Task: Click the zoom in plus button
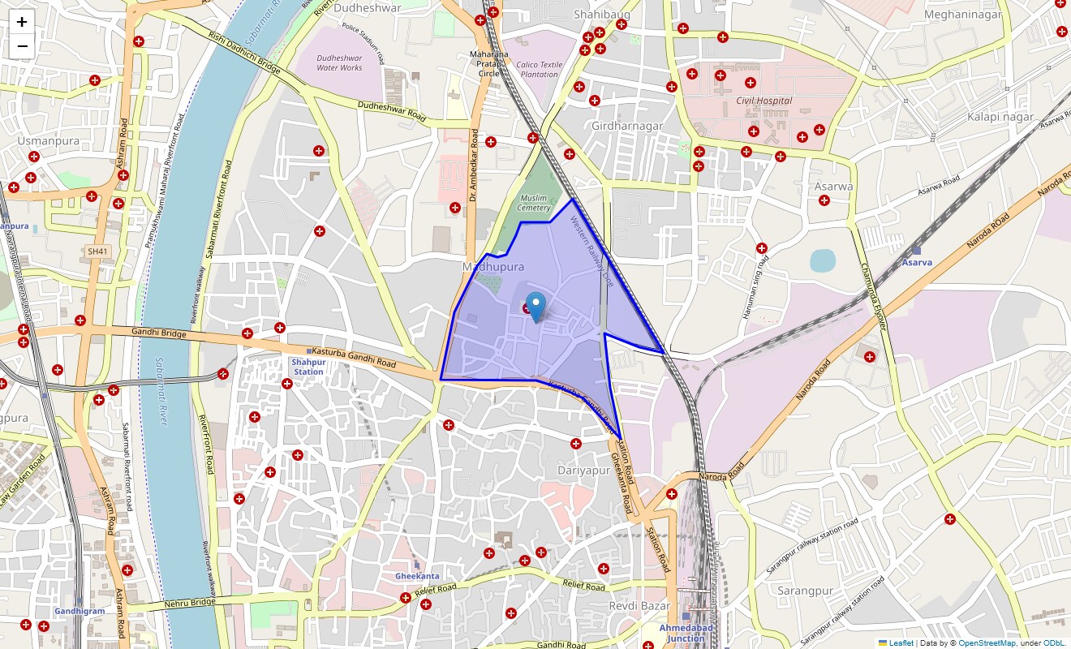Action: coord(22,22)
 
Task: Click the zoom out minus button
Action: coord(22,45)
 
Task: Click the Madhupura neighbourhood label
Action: coord(492,267)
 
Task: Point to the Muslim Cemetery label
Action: coord(534,203)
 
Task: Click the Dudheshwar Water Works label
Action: coord(339,62)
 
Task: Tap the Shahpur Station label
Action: coord(308,367)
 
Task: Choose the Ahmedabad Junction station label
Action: coord(686,633)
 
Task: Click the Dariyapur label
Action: coord(583,470)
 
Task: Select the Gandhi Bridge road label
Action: coord(159,332)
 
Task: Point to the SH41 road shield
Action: coord(97,251)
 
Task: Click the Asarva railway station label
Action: coord(916,262)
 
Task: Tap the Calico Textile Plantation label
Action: coord(539,69)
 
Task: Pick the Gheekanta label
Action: coord(417,575)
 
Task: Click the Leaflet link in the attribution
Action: coord(901,643)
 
